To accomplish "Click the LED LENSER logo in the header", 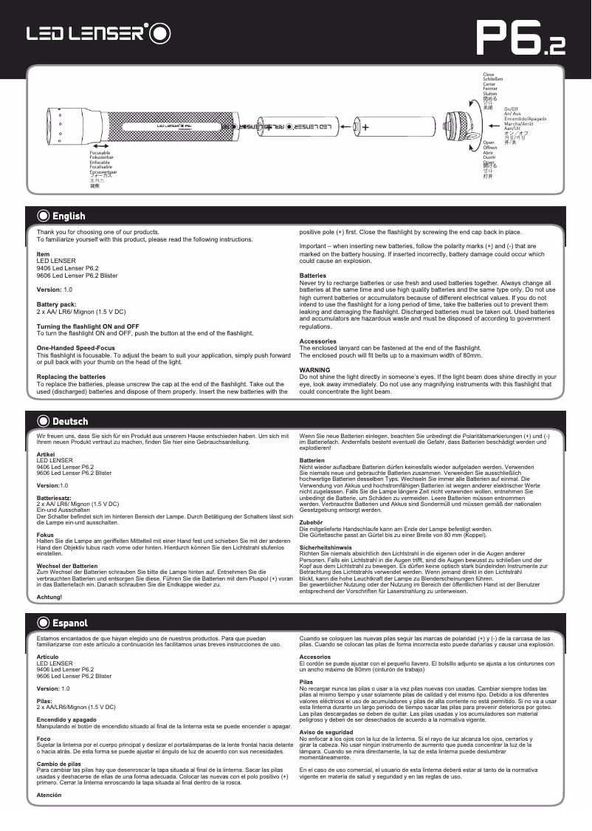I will (100, 33).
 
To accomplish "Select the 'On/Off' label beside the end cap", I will (512, 109).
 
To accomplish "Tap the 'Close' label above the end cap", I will (488, 75).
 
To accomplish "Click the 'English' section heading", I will (68, 216).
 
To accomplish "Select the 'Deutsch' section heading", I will (69, 421).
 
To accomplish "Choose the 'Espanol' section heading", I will (69, 623).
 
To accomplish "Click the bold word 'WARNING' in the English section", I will (314, 369).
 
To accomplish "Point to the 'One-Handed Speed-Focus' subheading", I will (76, 348).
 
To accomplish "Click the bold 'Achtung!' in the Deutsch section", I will (49, 597).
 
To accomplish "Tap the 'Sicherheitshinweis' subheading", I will (326, 547).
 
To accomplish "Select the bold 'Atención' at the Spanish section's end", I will (49, 795).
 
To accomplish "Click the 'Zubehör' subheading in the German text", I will (312, 521).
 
